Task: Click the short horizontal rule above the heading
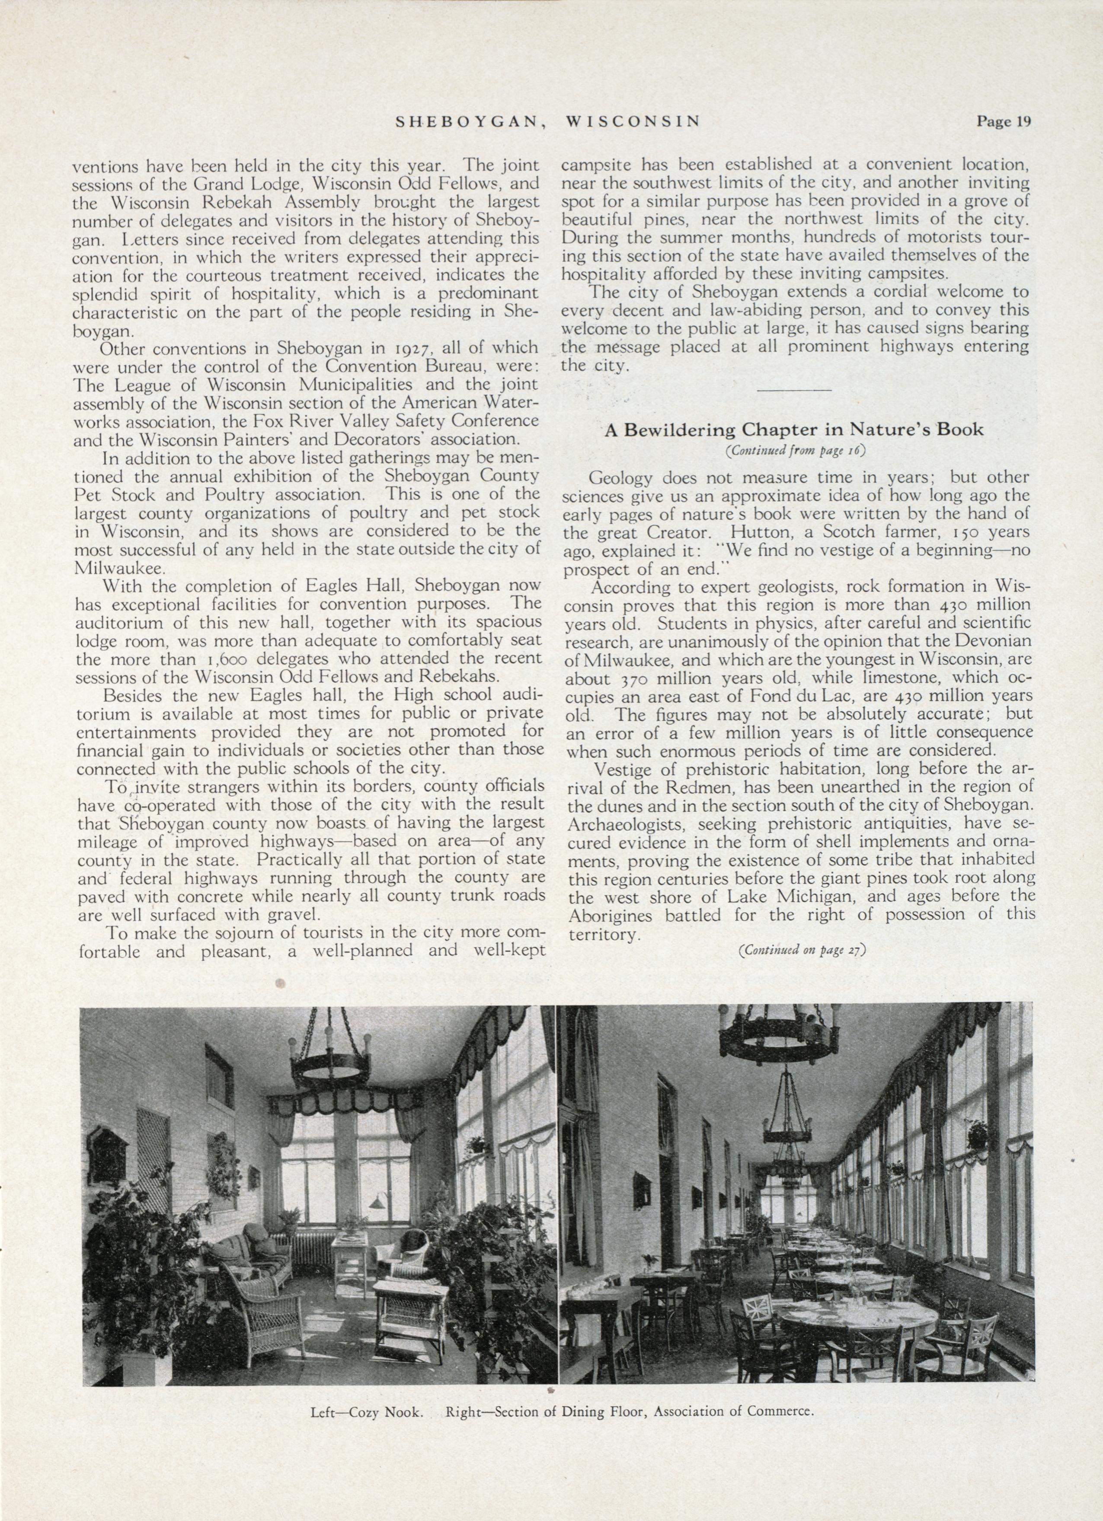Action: pyautogui.click(x=794, y=390)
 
